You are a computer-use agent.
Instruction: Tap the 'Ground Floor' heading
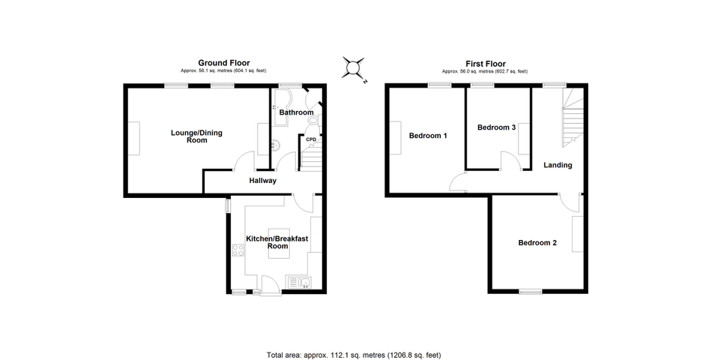pos(224,63)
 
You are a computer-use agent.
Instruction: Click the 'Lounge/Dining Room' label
pos(196,136)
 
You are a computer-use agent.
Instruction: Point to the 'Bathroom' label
pos(297,112)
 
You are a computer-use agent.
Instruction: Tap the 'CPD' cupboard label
pos(310,139)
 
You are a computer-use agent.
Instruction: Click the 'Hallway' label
pos(263,181)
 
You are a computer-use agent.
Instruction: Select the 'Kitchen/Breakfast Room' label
pos(277,242)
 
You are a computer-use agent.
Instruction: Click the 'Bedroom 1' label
pos(428,136)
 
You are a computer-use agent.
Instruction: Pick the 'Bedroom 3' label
pos(496,127)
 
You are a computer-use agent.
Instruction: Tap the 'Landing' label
pos(558,165)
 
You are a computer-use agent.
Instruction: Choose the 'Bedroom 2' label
pos(537,242)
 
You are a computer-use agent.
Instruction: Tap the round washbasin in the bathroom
pos(274,145)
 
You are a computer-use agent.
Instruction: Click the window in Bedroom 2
pos(531,292)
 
